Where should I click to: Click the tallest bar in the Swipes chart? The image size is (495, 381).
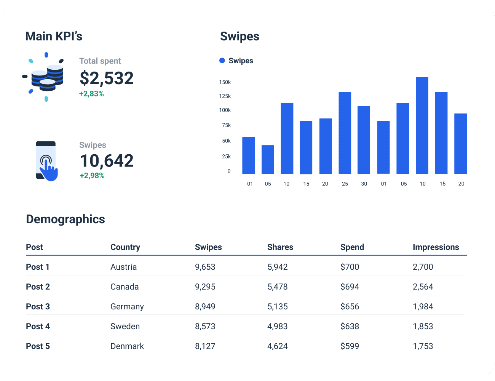coord(422,125)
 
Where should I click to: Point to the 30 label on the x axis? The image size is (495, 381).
coord(364,184)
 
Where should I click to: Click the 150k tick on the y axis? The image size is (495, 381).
coord(225,82)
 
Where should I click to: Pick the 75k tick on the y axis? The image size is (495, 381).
coord(226,125)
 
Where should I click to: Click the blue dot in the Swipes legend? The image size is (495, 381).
coord(222,61)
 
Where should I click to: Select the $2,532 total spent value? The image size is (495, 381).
coord(107,78)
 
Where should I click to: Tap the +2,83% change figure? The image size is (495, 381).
coord(91,94)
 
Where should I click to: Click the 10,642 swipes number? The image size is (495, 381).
coord(107,161)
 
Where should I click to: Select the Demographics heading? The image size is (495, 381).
coord(65,219)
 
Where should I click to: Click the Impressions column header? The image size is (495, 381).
coord(436,247)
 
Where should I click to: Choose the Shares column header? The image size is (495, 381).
coord(280,247)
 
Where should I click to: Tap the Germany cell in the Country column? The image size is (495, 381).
coord(127,307)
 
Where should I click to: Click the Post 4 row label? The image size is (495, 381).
coord(38,327)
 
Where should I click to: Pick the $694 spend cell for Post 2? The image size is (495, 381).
coord(350,287)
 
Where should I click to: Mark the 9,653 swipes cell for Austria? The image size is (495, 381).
coord(205,267)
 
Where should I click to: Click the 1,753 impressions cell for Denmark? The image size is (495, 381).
coord(423,346)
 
